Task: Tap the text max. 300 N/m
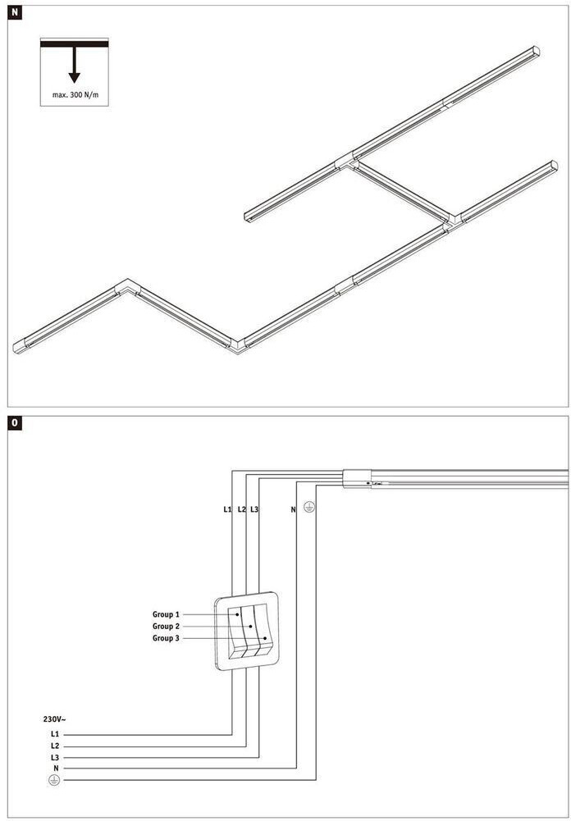coord(75,95)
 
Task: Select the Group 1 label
coord(166,614)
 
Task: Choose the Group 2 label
coord(166,627)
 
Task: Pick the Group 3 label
coord(166,638)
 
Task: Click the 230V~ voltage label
coord(54,719)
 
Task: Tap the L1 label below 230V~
coord(54,733)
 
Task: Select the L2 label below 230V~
coord(54,746)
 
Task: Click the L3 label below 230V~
coord(54,757)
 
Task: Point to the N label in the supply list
coord(55,769)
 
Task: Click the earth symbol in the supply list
coord(54,780)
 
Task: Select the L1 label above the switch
coord(227,510)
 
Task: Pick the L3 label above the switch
coord(254,510)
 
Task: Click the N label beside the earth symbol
coord(293,510)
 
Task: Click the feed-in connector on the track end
coord(357,477)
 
